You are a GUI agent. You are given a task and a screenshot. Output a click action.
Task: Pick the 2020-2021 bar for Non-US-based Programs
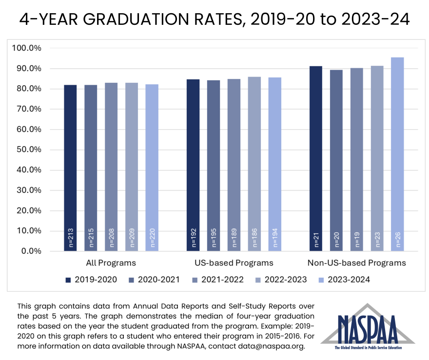tap(336, 160)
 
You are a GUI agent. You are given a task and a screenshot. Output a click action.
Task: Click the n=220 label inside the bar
tap(152, 239)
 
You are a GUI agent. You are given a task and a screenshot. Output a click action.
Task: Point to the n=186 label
tap(254, 239)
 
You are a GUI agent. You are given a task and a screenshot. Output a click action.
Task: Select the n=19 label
tap(357, 240)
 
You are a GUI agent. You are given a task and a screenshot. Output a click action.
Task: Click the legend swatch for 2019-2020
tap(69, 280)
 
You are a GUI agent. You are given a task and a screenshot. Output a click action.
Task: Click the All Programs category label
tap(111, 263)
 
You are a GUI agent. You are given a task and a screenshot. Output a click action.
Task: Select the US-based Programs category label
tap(234, 263)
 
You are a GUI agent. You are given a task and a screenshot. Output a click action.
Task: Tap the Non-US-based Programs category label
tap(356, 263)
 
